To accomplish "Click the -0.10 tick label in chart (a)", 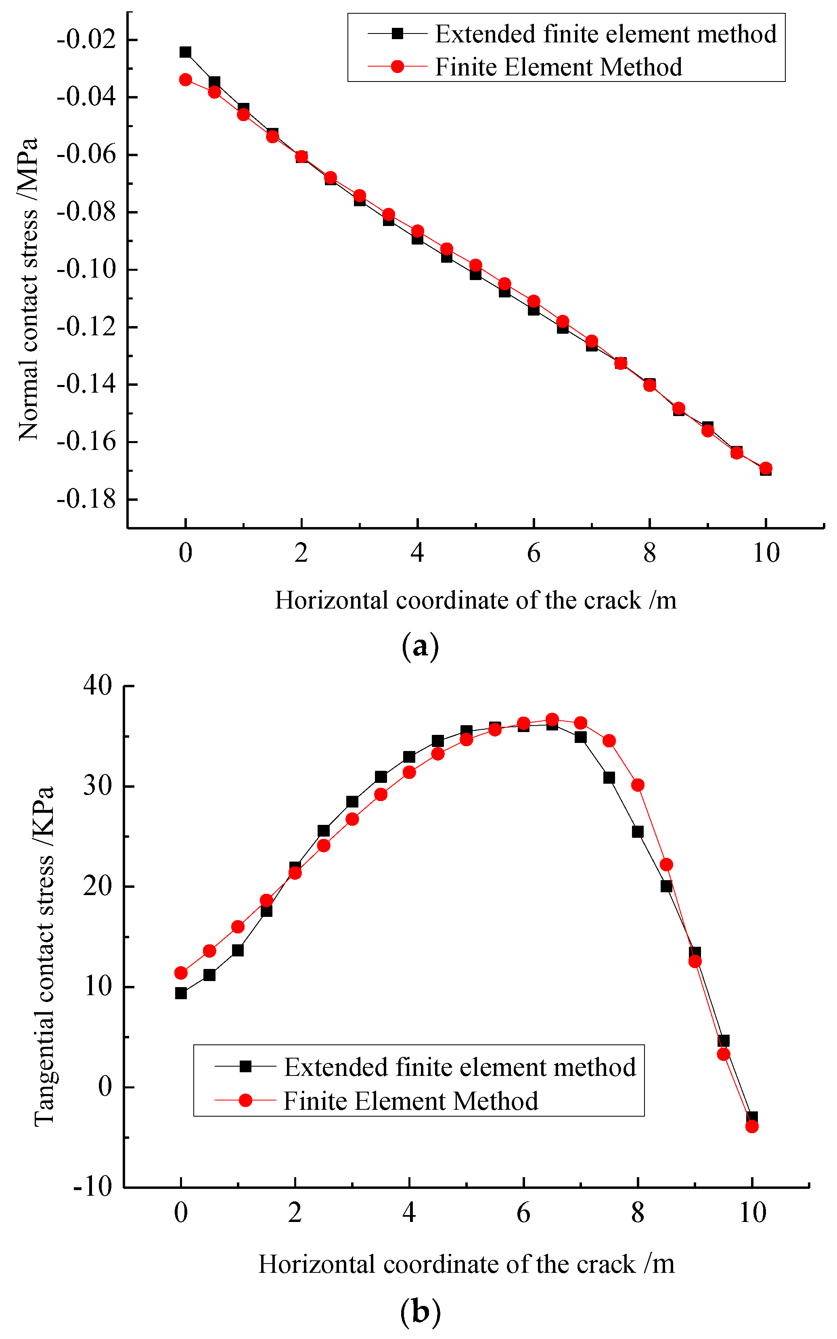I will (x=86, y=270).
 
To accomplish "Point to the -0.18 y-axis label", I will (x=86, y=499).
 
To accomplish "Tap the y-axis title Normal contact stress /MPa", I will (x=28, y=289).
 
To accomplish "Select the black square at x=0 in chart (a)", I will (x=186, y=52).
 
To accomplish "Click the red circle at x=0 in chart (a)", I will (x=186, y=80).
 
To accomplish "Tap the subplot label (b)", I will (x=420, y=1312).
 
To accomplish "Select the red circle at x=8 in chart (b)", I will (x=638, y=785).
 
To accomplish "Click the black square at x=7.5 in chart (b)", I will (x=609, y=778).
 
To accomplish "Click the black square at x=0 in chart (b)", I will (x=181, y=993).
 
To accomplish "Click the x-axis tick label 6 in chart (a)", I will (x=533, y=553).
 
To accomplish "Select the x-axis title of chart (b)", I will (x=466, y=1264).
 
